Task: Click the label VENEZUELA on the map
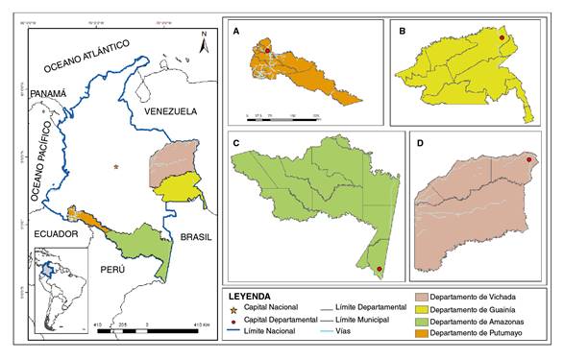point(169,112)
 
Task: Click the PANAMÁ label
point(50,93)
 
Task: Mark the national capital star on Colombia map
point(115,168)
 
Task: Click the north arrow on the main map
point(203,40)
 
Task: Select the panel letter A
point(237,32)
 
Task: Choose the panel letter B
point(400,31)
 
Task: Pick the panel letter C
point(236,143)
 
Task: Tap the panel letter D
point(420,143)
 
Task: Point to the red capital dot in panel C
point(380,269)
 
